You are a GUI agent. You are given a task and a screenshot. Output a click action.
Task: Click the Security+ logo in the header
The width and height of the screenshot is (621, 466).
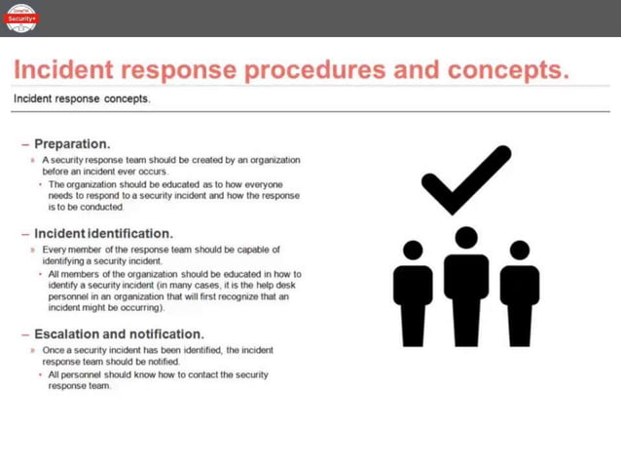(21, 17)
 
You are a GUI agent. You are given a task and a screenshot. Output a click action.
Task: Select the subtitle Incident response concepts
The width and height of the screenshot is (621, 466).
(82, 98)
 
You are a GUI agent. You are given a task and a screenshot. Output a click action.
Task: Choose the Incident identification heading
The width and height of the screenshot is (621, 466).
(103, 234)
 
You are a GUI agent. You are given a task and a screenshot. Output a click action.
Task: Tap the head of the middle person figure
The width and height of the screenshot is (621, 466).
(466, 237)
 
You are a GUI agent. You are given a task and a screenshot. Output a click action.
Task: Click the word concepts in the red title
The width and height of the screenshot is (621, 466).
(510, 71)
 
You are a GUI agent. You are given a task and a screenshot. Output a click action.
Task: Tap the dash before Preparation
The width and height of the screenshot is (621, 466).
(25, 143)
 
